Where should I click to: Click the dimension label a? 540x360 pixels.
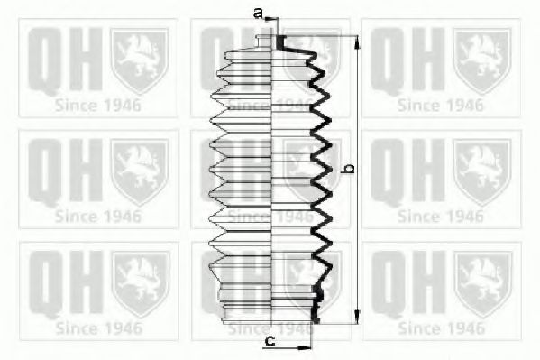(x=258, y=14)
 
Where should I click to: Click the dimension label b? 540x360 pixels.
(x=350, y=169)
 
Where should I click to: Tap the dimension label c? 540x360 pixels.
(x=270, y=341)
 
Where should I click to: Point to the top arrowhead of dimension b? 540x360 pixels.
(x=358, y=42)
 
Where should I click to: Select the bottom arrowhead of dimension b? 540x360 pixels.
(x=358, y=317)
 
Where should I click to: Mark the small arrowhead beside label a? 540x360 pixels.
(x=269, y=19)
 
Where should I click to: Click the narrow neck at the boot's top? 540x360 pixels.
(x=264, y=42)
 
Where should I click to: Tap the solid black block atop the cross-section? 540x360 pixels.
(x=280, y=42)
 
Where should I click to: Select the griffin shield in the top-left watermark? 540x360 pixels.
(x=140, y=61)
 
